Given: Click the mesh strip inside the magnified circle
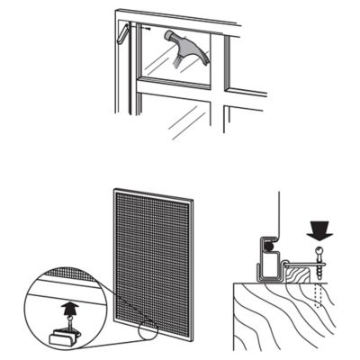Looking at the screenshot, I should [54, 291].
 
